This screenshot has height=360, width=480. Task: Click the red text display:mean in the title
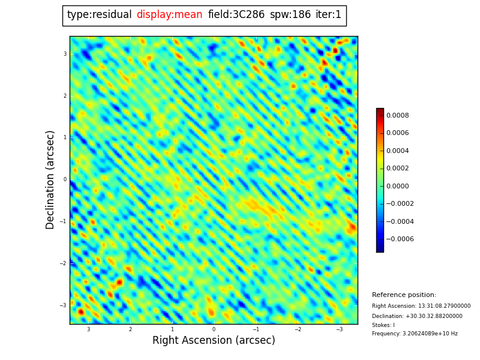point(169,15)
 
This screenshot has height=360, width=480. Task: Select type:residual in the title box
point(99,15)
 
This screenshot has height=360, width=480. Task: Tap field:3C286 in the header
point(236,15)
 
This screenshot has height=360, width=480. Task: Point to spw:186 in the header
point(290,15)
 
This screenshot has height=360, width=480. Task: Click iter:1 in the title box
point(328,15)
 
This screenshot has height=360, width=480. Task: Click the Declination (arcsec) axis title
point(50,179)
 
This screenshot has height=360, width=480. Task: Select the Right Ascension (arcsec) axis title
point(214,341)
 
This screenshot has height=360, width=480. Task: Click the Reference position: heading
point(404,295)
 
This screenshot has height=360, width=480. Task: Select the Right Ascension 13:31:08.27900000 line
point(421,306)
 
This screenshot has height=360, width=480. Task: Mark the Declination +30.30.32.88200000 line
point(417,316)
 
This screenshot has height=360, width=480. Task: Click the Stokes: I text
point(383,325)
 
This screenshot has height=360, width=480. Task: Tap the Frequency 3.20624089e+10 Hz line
point(415,334)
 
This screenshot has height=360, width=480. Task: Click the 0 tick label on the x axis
point(214,329)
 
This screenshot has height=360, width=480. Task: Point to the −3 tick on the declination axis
point(62,305)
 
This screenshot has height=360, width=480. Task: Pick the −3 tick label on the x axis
point(339,329)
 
